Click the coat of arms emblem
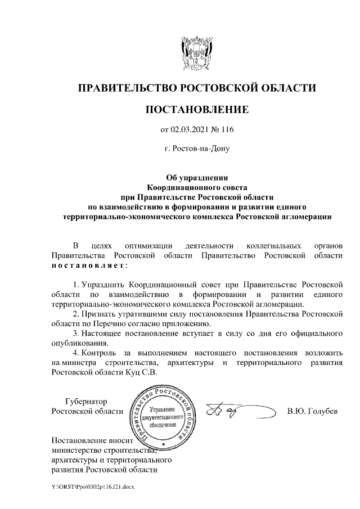tap(196, 51)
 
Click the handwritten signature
tap(231, 411)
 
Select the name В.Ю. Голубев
tap(312, 411)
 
